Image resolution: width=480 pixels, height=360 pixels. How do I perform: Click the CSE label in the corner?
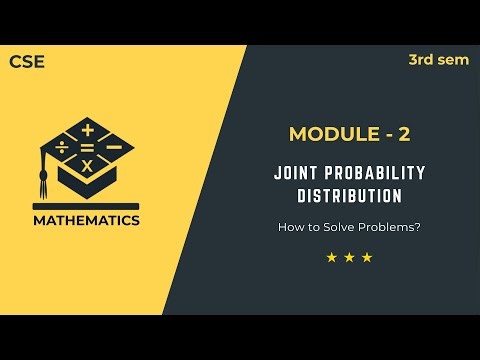(27, 62)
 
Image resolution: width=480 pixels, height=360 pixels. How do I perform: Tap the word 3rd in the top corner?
(421, 60)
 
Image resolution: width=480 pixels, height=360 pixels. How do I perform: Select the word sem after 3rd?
(453, 60)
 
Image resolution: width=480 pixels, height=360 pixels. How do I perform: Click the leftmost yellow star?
(331, 258)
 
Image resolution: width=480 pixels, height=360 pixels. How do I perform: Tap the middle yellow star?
(349, 258)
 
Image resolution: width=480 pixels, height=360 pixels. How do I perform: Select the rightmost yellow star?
(367, 258)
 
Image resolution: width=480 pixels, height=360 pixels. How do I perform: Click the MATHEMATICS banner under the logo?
(87, 220)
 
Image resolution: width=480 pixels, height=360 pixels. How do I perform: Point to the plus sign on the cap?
(87, 130)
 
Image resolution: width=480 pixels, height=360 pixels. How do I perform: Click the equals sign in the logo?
(87, 148)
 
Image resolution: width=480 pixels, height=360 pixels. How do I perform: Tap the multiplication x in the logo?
(87, 166)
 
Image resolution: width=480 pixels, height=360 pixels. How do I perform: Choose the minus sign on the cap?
(113, 147)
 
